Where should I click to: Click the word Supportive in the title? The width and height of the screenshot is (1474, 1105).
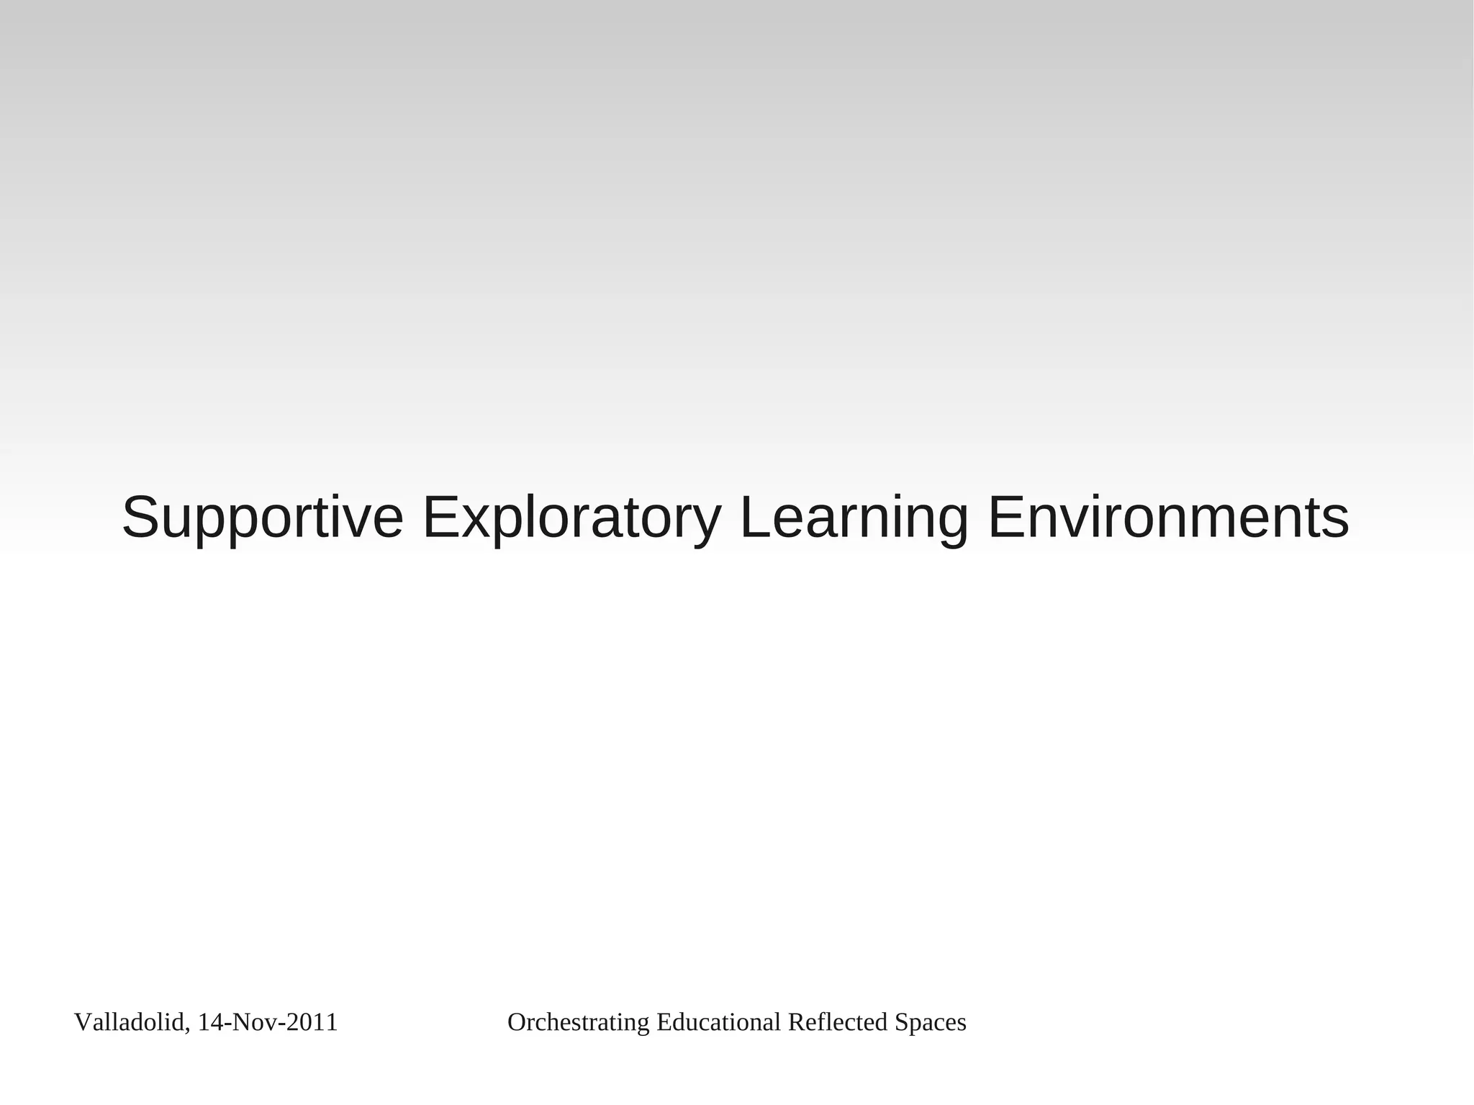point(262,518)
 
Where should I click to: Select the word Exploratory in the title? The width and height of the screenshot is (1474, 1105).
point(571,518)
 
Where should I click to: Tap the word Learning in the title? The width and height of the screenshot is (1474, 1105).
point(854,518)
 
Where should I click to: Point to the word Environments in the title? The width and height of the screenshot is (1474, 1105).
point(1168,518)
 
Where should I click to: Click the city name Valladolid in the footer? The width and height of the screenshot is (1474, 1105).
point(129,1022)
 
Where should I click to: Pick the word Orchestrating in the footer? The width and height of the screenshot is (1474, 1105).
point(579,1022)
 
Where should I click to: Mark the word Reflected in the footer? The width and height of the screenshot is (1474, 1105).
point(838,1022)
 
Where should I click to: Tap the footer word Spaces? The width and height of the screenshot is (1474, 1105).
point(930,1022)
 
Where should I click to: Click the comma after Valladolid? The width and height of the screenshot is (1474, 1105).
point(188,1028)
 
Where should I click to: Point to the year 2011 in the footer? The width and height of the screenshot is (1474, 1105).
point(312,1022)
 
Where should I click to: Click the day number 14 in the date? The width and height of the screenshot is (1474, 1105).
point(209,1022)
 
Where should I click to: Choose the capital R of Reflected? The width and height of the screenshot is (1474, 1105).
point(795,1022)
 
